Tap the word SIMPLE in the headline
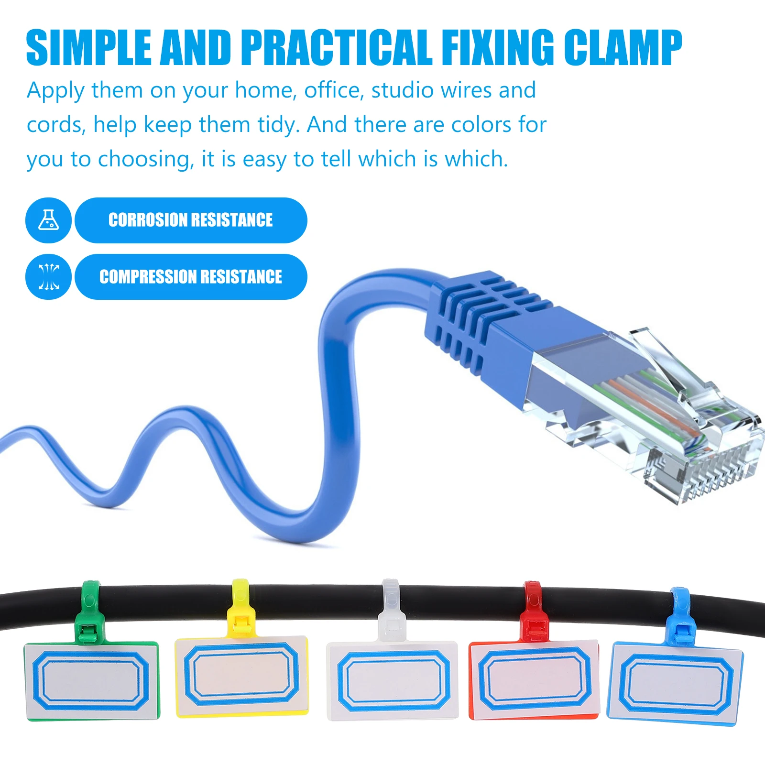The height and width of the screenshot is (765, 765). pyautogui.click(x=88, y=47)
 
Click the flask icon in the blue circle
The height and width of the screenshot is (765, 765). pyautogui.click(x=48, y=220)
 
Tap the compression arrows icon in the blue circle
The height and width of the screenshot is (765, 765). pyautogui.click(x=48, y=277)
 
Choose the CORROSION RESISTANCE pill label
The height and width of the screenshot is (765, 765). pyautogui.click(x=191, y=220)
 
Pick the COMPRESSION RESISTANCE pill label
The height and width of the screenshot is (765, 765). pyautogui.click(x=191, y=277)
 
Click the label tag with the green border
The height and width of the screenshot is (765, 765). pyautogui.click(x=91, y=681)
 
